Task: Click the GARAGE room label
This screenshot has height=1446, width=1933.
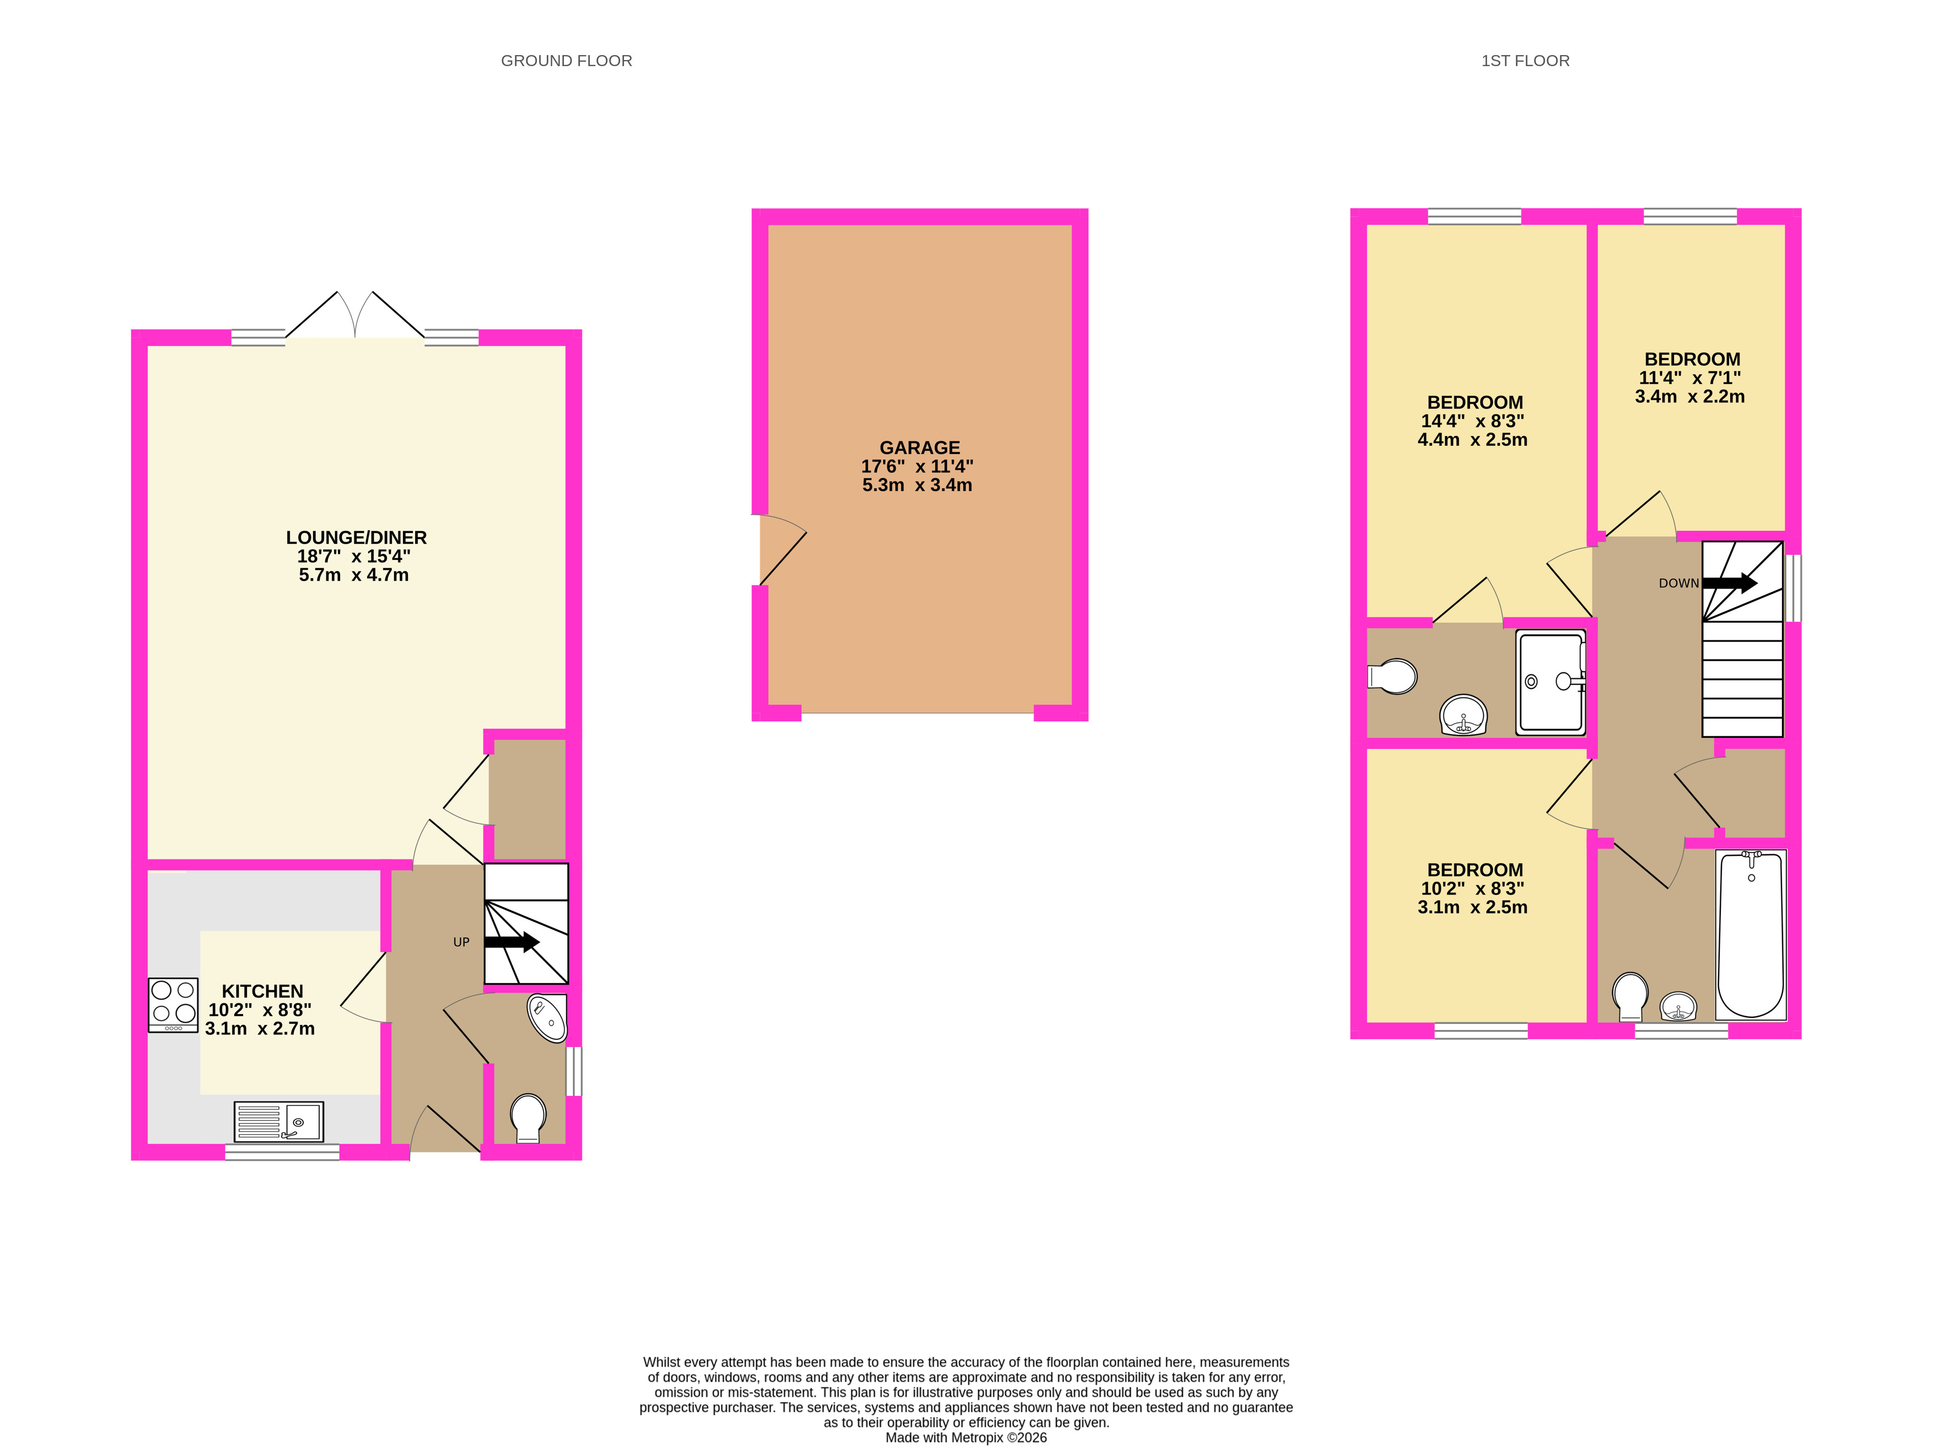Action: click(x=919, y=447)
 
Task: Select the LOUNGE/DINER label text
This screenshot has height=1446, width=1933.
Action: click(x=357, y=537)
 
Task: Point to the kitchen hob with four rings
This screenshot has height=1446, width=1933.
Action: click(x=173, y=1005)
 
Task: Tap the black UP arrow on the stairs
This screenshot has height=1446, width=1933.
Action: click(x=511, y=942)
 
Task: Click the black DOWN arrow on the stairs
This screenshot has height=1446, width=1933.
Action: click(x=1730, y=583)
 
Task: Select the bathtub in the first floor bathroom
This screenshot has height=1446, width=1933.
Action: click(x=1751, y=934)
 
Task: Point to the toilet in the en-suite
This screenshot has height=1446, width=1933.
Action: click(x=1392, y=676)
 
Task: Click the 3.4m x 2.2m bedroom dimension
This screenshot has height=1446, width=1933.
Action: click(x=1690, y=397)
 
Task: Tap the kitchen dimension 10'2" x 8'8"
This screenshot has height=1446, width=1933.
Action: click(x=260, y=1010)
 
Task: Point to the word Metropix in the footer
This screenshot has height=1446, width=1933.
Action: click(x=977, y=1437)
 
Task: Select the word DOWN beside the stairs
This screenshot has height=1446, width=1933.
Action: click(x=1679, y=584)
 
